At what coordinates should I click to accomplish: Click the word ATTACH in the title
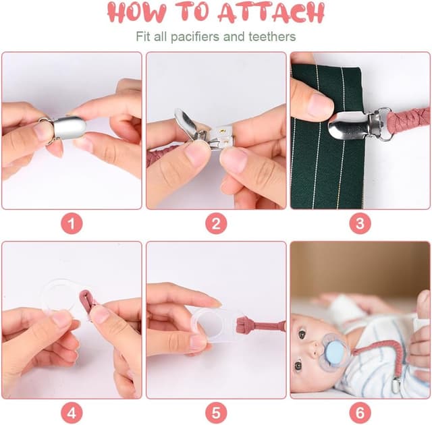click(x=271, y=12)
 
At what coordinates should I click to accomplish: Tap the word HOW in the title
click(x=137, y=12)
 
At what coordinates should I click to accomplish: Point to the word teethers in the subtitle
click(x=272, y=36)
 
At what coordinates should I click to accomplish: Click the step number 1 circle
click(x=72, y=223)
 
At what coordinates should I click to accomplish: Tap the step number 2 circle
click(x=216, y=223)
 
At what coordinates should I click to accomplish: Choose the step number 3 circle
click(x=360, y=223)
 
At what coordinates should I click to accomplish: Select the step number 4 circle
click(x=72, y=413)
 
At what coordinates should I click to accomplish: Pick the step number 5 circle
click(x=216, y=413)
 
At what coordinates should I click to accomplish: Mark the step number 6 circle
click(x=360, y=413)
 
